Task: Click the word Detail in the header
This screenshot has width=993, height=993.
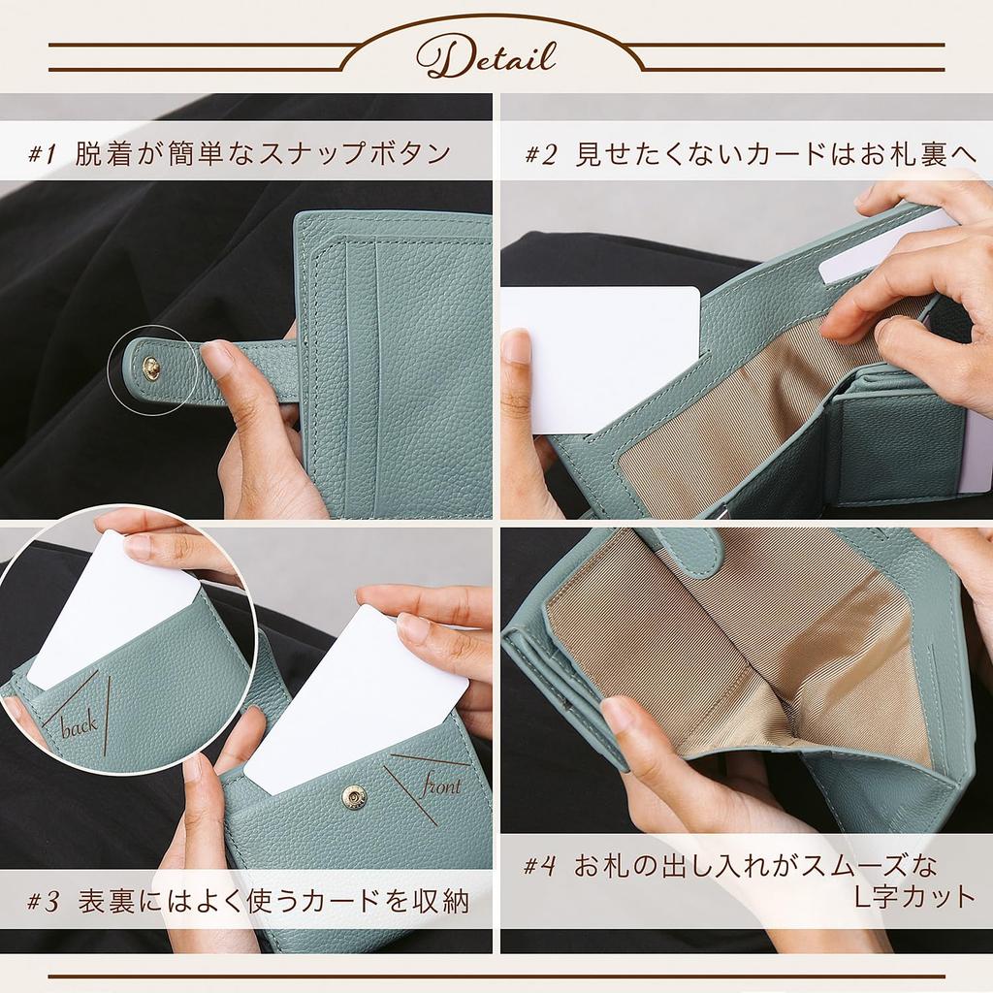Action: [486, 57]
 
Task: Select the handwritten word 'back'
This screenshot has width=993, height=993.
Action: [80, 726]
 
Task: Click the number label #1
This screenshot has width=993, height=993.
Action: [45, 153]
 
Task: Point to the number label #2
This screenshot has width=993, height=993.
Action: [541, 154]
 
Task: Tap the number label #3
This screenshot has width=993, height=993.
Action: [45, 902]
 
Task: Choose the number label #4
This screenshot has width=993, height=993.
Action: [540, 865]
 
